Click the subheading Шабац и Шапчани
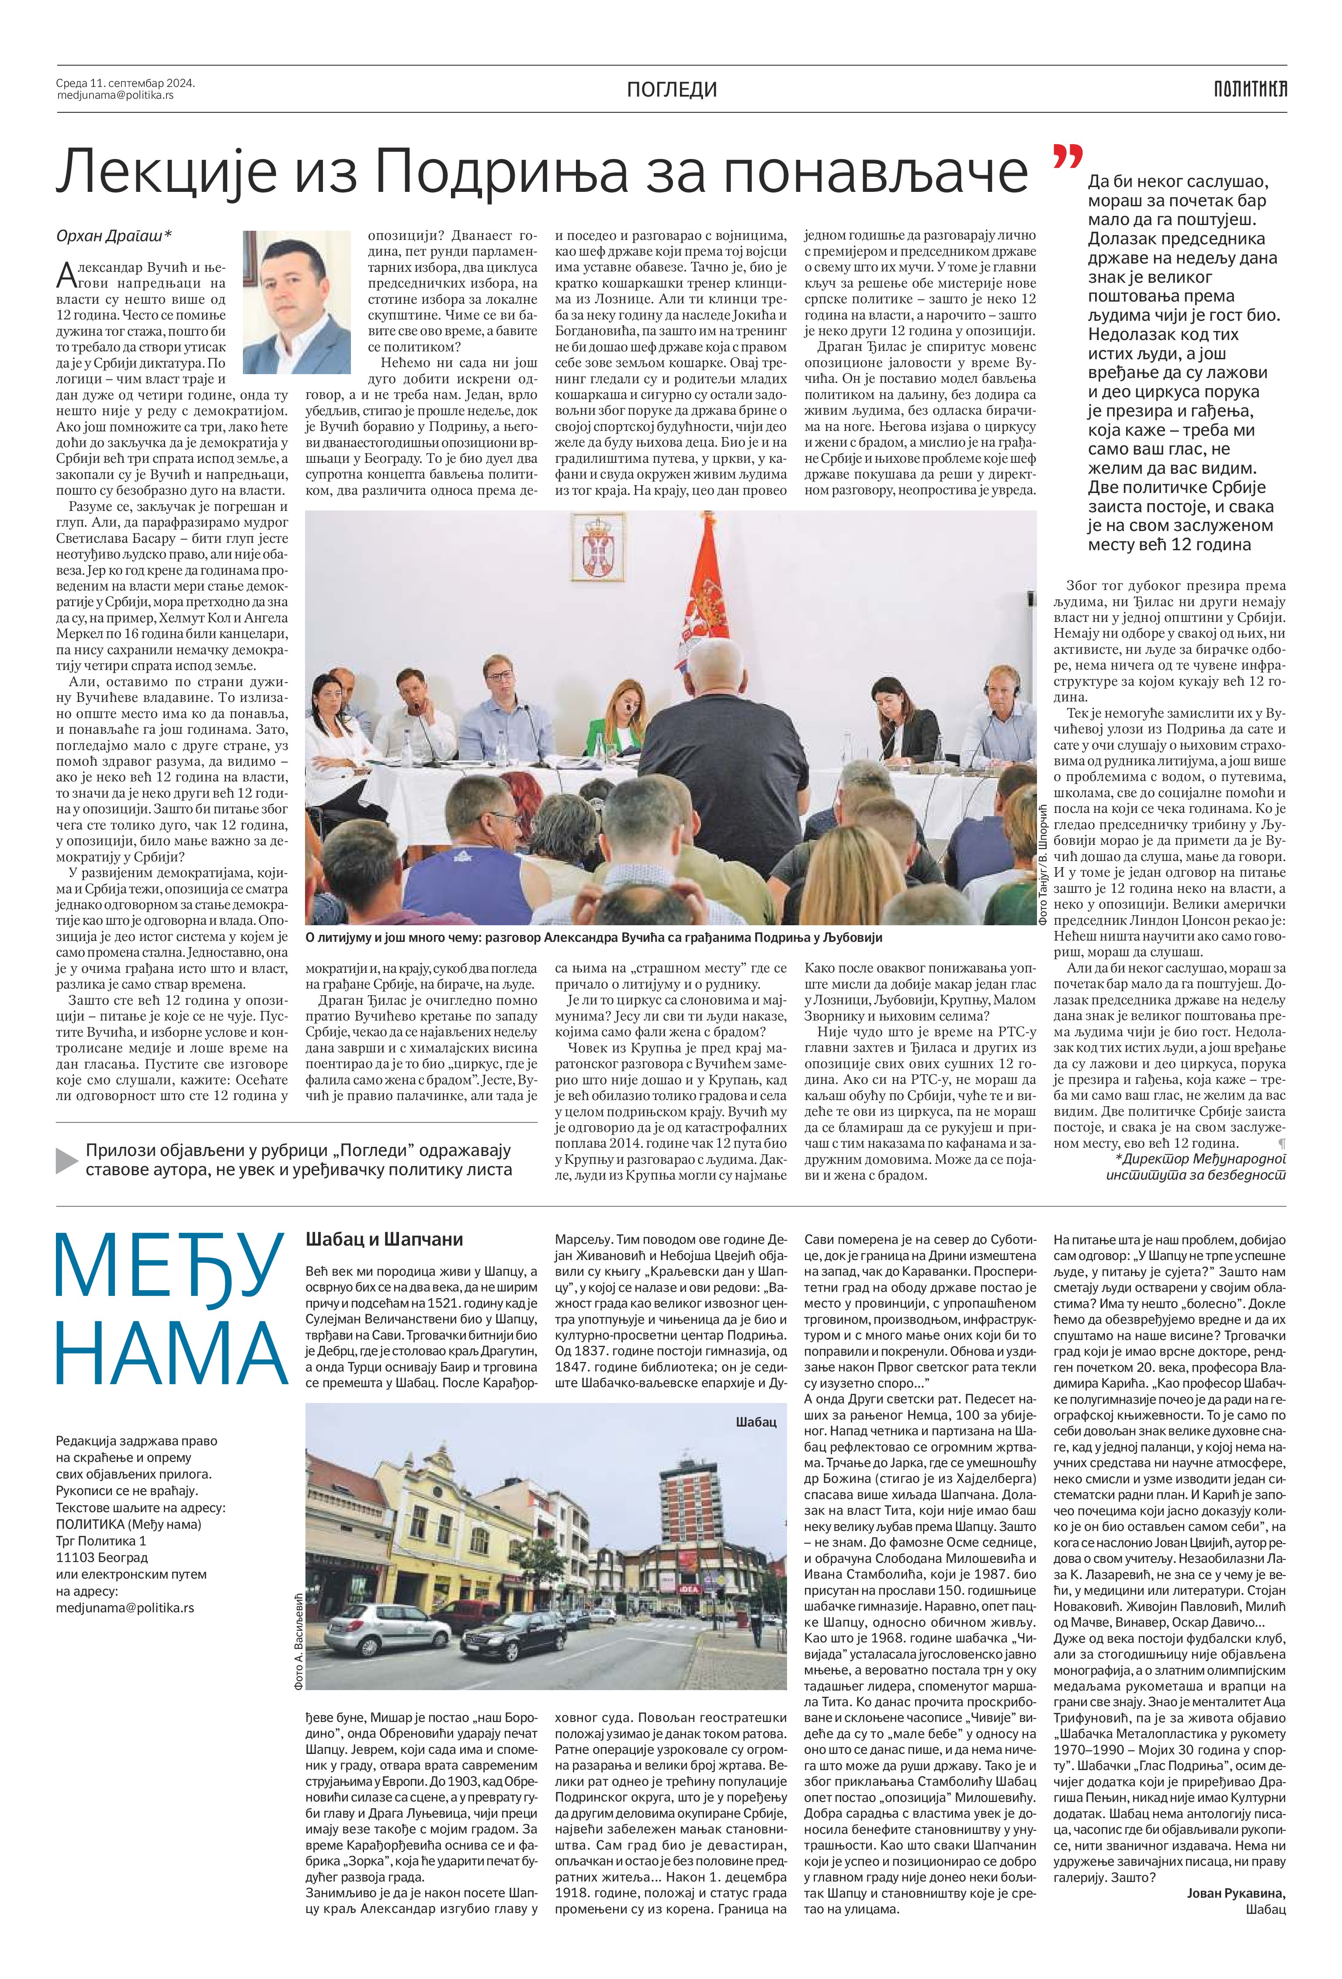(384, 1240)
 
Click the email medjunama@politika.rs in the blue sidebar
(124, 1608)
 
